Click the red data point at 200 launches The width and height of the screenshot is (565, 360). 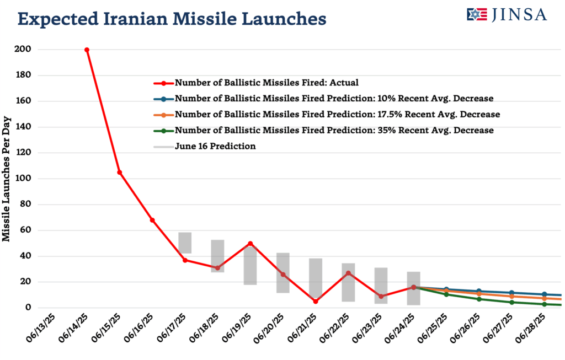pos(87,50)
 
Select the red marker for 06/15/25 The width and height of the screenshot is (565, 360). pos(119,173)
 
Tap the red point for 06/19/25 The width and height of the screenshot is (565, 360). pos(250,243)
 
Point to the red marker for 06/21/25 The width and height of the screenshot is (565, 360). pos(316,301)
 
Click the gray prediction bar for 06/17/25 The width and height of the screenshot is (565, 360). pos(185,243)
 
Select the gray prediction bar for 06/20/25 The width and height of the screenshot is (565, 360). pos(283,273)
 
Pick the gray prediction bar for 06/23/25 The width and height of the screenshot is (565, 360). pos(381,286)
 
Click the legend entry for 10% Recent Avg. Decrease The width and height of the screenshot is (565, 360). pos(334,99)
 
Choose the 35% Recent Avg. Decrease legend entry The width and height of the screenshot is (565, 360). pos(334,131)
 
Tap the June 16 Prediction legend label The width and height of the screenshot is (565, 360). pos(215,147)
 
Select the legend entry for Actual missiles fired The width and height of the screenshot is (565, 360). pos(266,83)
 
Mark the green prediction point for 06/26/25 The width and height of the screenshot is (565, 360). pos(479,299)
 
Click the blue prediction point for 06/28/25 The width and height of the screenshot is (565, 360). pos(545,294)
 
